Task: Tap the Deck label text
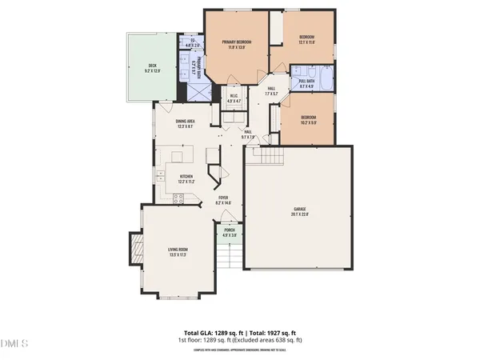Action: (152, 69)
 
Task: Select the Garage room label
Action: (299, 211)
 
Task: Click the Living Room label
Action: (177, 253)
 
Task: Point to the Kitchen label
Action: (186, 178)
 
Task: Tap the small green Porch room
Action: (230, 234)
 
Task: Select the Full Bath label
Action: (308, 83)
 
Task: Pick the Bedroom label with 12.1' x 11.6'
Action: (306, 40)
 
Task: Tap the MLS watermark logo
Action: (14, 344)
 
